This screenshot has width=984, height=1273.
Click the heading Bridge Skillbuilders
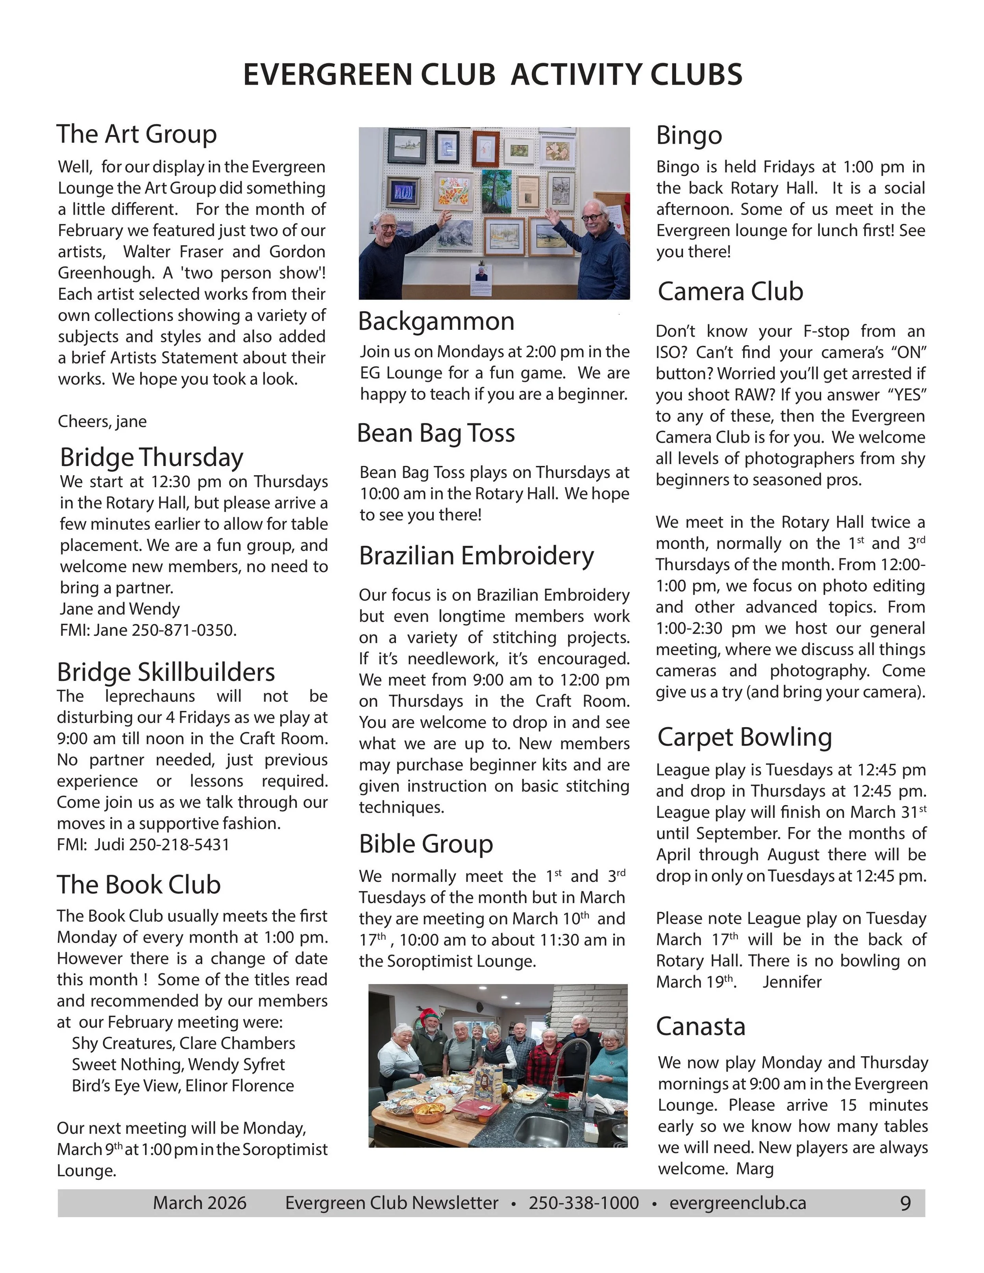[x=166, y=672]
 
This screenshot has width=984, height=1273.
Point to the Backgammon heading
[x=436, y=321]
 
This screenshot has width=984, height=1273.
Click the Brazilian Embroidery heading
[x=476, y=556]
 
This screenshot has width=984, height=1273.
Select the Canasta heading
[x=700, y=1026]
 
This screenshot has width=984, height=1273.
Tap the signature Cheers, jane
[x=102, y=421]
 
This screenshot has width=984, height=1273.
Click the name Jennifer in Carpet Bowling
[x=792, y=982]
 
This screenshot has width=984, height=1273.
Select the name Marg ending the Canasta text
[x=755, y=1169]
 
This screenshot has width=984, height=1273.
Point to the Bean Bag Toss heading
[x=436, y=433]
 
